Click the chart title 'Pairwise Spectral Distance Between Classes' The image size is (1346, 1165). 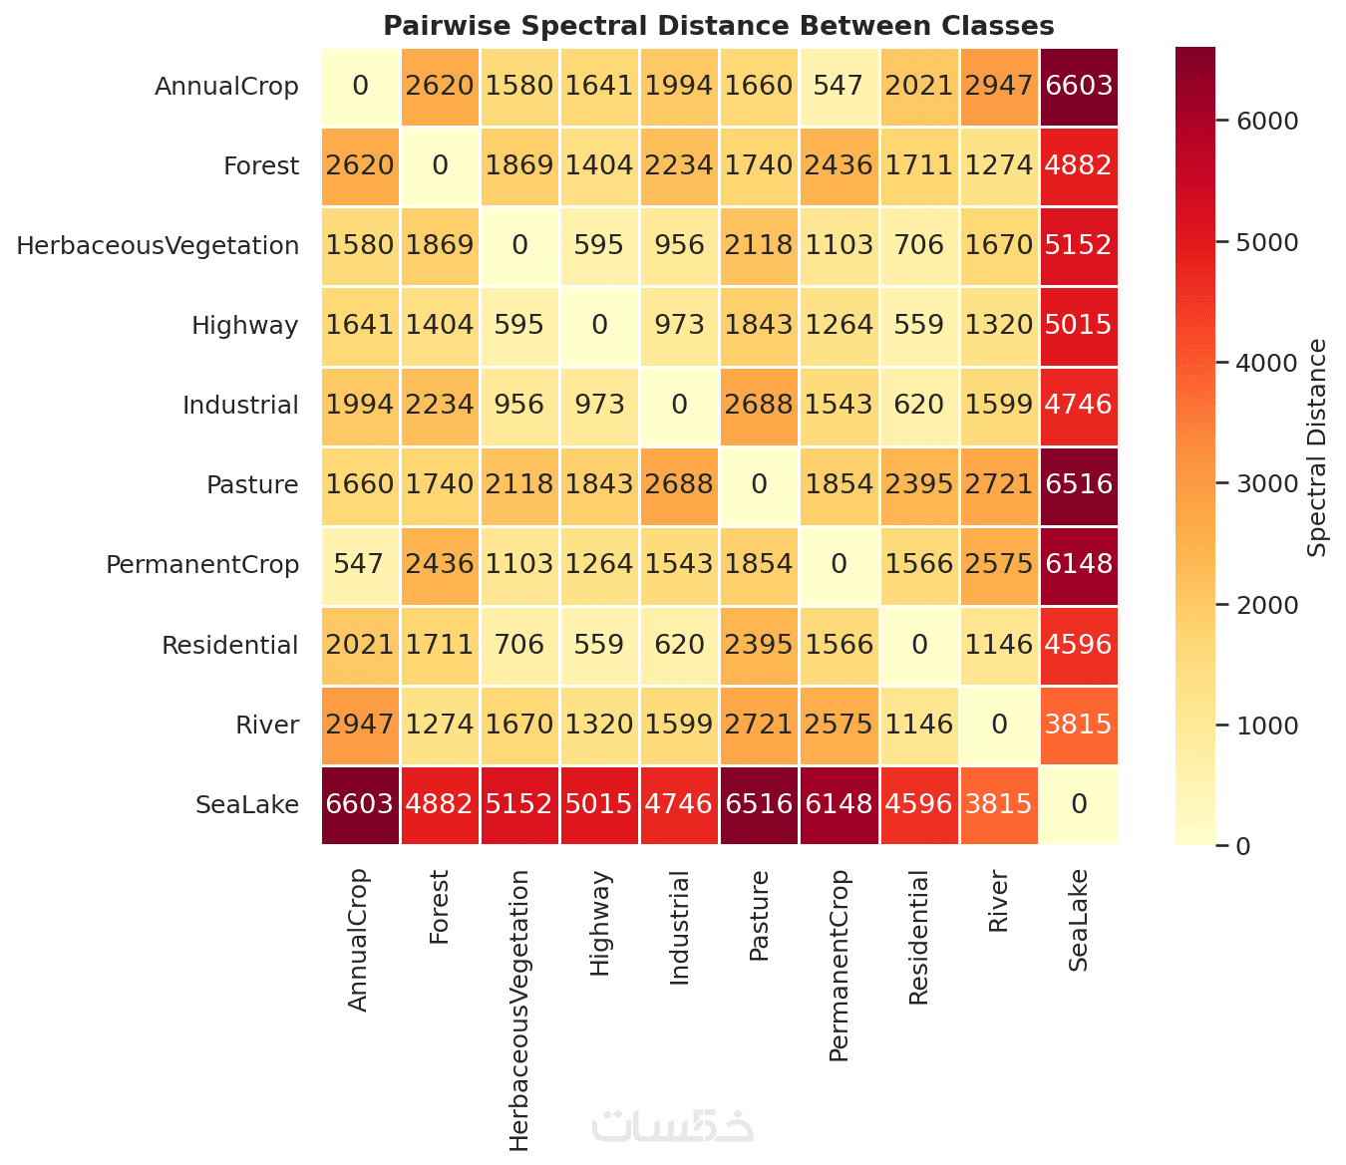(718, 25)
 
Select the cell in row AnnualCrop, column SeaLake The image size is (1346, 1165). (1079, 86)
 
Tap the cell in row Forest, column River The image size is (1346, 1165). (999, 165)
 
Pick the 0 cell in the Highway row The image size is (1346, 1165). (599, 325)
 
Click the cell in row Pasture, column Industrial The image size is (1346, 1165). (679, 484)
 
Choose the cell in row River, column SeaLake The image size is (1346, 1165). (1079, 725)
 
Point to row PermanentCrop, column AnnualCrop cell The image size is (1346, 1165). (360, 564)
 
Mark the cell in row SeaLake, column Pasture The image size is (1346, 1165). (759, 804)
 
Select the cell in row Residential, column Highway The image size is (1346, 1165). (599, 645)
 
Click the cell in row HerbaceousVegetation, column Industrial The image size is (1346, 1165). (679, 245)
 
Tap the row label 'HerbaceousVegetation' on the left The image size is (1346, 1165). (158, 245)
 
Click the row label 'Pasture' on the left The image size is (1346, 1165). (252, 484)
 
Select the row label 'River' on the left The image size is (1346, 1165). (267, 725)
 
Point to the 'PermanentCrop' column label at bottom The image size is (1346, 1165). (840, 965)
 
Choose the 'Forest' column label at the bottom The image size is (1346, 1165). (440, 907)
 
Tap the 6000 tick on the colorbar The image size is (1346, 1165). (1267, 121)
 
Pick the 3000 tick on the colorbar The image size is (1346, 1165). (1267, 483)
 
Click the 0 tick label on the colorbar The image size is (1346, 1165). (1242, 846)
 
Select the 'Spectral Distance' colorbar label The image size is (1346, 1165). (1318, 447)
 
